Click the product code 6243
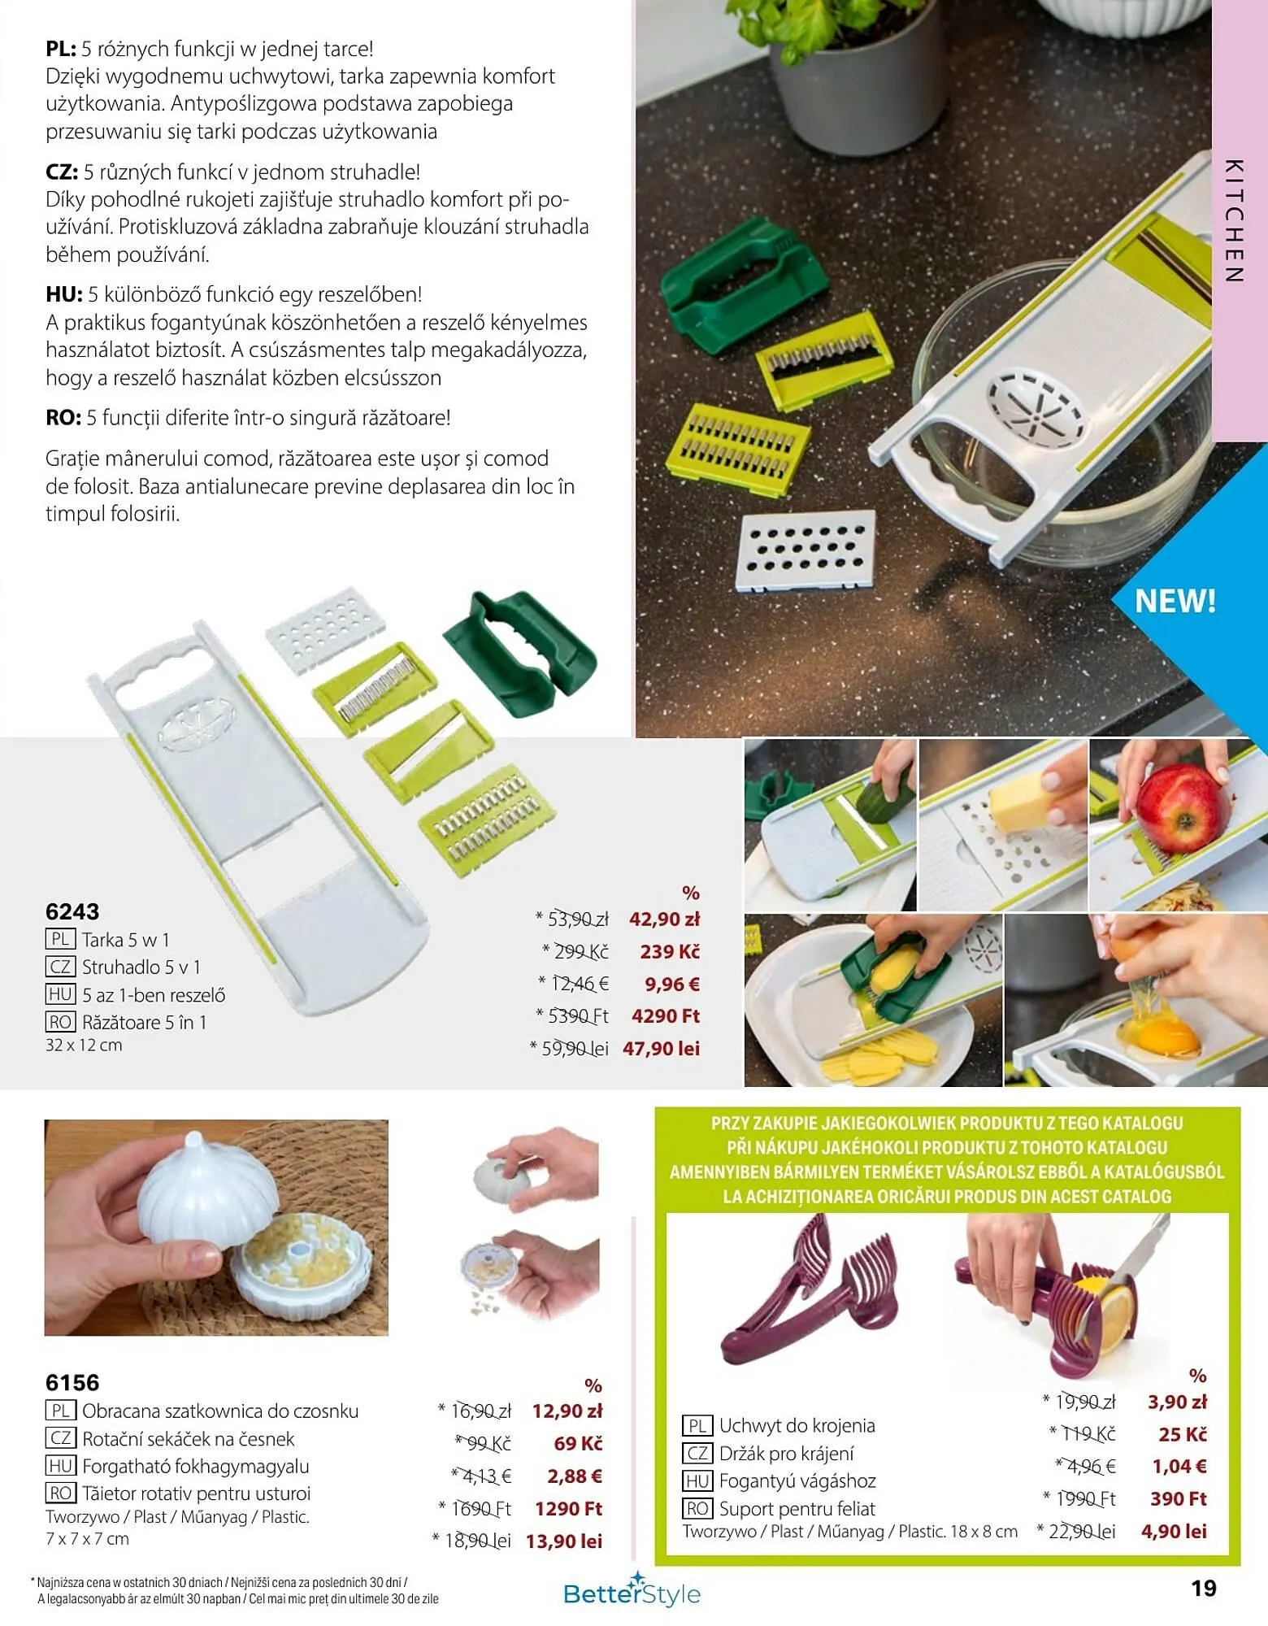pos(72,911)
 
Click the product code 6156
pos(72,1383)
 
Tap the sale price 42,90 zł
pos(664,920)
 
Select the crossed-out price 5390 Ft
pos(578,1016)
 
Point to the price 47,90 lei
pos(661,1049)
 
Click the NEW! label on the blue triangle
pos(1175,602)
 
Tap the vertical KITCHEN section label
pos(1233,220)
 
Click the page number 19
pos(1204,1588)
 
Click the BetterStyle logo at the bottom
pos(632,1592)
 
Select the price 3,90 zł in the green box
pos(1177,1402)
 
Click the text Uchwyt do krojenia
pos(797,1425)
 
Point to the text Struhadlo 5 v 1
pos(141,967)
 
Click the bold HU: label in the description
pos(64,294)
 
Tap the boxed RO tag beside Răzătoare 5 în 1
pos(60,1022)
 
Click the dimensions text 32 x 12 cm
pos(84,1046)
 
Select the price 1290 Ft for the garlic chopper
pos(568,1509)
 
